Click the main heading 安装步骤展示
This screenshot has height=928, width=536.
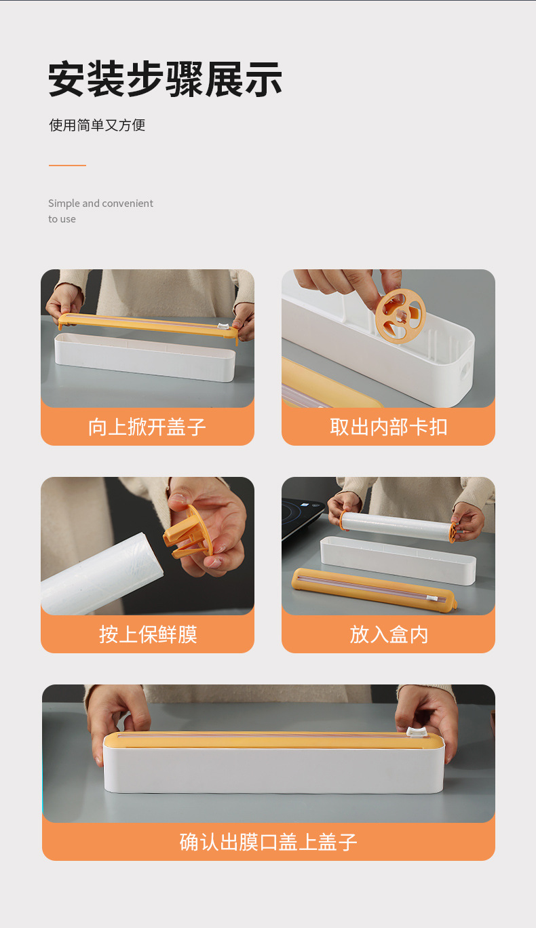pyautogui.click(x=165, y=79)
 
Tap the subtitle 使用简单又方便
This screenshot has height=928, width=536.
pyautogui.click(x=97, y=125)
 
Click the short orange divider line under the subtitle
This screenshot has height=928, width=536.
pyautogui.click(x=67, y=166)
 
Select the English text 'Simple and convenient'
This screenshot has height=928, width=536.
pyautogui.click(x=100, y=204)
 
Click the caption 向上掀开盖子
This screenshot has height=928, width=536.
pyautogui.click(x=147, y=427)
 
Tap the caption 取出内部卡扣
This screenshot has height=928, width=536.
pyautogui.click(x=389, y=427)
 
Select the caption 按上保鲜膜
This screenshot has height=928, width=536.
pyautogui.click(x=148, y=634)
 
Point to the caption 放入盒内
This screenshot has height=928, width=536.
pyautogui.click(x=389, y=634)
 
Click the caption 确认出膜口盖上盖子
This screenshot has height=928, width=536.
pyautogui.click(x=269, y=842)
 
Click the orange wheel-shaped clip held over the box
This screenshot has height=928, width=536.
pyautogui.click(x=400, y=316)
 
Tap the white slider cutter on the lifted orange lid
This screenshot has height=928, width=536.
pyautogui.click(x=223, y=326)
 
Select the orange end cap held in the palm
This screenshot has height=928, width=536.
pyautogui.click(x=189, y=533)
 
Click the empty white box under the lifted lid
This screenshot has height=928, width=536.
pyautogui.click(x=145, y=357)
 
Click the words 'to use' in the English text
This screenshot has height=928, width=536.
pyautogui.click(x=62, y=219)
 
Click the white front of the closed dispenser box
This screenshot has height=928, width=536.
pyautogui.click(x=274, y=770)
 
